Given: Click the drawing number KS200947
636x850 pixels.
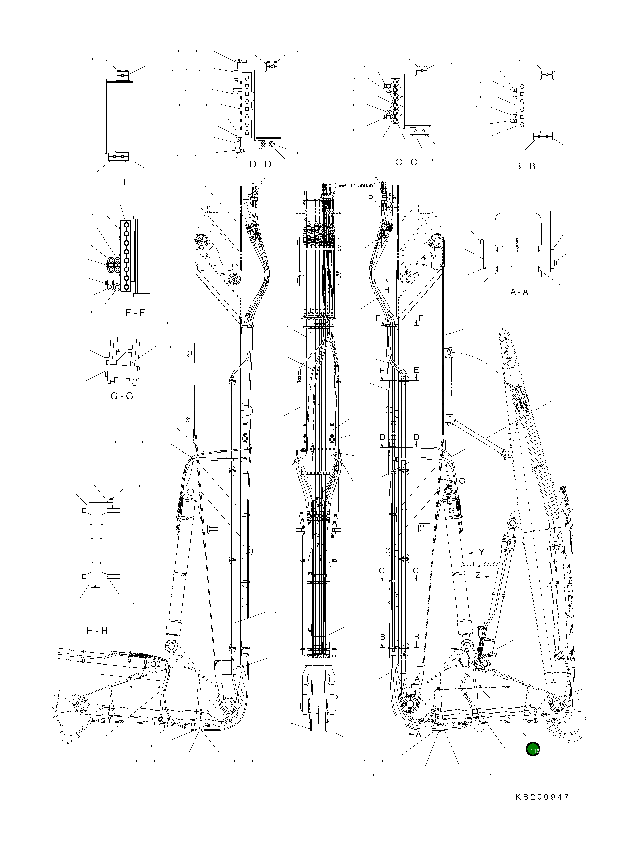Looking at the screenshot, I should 542,797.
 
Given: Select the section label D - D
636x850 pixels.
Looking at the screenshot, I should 260,164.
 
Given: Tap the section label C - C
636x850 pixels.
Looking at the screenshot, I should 406,162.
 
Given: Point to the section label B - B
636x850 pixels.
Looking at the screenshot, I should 525,166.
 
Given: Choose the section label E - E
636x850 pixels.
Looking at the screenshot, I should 119,182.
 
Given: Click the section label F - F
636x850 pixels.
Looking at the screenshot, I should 135,312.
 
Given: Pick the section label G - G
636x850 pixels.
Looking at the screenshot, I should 122,396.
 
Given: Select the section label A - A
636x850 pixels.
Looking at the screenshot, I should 519,291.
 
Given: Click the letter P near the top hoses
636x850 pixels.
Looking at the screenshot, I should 370,198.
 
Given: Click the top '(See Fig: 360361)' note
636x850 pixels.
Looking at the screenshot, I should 356,185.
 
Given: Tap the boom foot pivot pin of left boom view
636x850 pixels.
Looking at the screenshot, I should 228,704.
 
